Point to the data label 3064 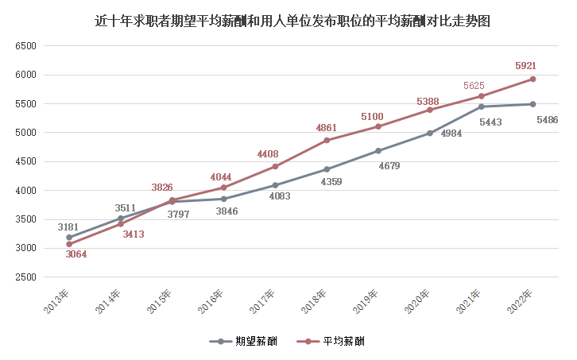click(76, 254)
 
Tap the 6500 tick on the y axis click(26, 46)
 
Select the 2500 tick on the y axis click(26, 277)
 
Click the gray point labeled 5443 click(481, 106)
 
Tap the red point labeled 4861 click(327, 141)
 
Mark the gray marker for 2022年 click(532, 104)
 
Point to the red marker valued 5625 click(481, 96)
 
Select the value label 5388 click(428, 101)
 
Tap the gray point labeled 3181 click(69, 238)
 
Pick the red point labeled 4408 click(275, 167)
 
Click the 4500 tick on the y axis click(26, 161)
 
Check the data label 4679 click(389, 165)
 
